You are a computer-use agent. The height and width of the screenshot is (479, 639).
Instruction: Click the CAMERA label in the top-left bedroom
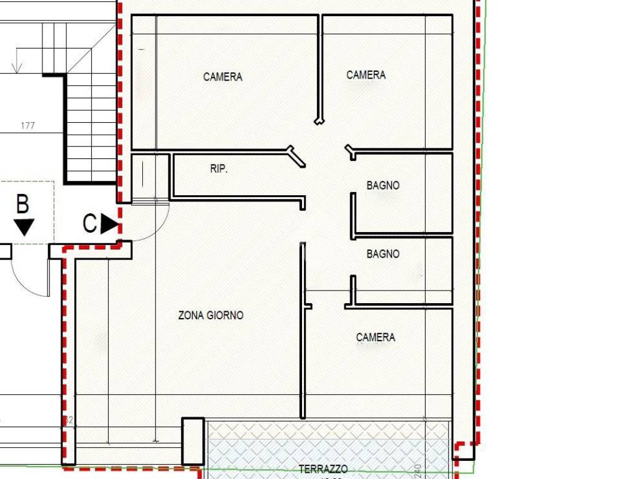click(223, 77)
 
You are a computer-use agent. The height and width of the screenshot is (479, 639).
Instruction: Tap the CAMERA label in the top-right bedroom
click(366, 75)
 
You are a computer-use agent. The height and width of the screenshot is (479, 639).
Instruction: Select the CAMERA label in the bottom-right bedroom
click(376, 337)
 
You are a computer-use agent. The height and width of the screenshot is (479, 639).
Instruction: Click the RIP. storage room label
click(219, 169)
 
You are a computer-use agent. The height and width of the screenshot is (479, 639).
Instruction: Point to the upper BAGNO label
click(383, 185)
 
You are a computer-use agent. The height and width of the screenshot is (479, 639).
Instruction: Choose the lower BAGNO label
click(383, 254)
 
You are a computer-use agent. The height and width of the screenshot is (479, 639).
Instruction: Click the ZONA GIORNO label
click(211, 316)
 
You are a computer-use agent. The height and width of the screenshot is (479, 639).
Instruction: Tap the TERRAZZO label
click(323, 469)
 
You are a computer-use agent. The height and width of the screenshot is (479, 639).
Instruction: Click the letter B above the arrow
click(22, 204)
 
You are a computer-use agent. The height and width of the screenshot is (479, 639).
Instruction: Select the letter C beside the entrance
click(90, 223)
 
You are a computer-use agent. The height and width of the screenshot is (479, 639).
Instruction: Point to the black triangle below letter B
click(24, 227)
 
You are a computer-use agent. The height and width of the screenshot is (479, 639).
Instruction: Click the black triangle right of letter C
click(110, 223)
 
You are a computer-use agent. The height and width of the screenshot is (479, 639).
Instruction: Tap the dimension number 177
click(27, 125)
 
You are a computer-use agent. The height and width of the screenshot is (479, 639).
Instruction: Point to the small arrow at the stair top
click(17, 65)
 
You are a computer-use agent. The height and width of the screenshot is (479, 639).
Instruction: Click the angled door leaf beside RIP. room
click(296, 157)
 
